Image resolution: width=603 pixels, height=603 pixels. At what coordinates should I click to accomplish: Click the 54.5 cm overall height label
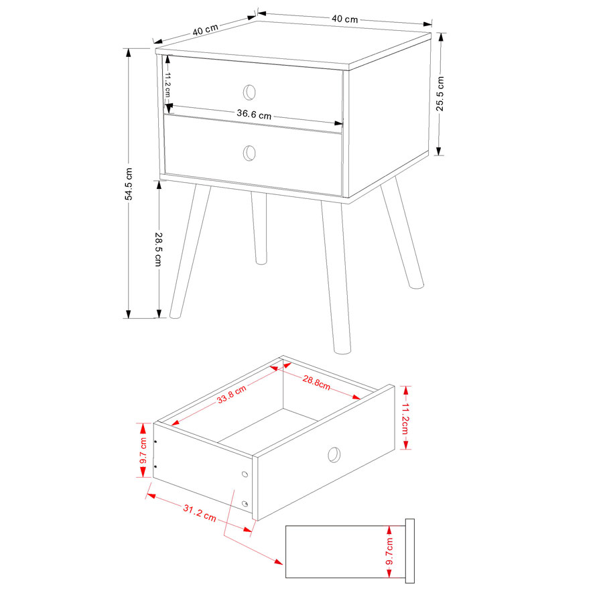click(129, 184)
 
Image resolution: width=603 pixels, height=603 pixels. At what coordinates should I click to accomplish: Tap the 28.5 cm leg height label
click(158, 249)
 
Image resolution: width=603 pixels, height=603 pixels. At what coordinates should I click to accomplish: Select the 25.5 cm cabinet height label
click(440, 94)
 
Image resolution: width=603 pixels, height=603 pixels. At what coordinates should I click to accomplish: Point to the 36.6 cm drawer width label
click(254, 114)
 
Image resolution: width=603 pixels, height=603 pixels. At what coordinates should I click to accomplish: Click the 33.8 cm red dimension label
click(231, 395)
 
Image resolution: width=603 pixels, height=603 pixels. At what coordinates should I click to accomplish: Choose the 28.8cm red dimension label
click(316, 383)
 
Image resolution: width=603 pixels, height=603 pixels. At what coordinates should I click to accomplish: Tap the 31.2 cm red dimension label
click(199, 513)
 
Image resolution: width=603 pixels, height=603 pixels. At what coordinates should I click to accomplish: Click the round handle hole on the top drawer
click(249, 92)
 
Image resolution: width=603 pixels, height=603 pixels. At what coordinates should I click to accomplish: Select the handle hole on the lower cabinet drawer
click(249, 153)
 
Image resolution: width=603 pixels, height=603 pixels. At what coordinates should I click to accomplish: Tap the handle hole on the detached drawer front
click(334, 454)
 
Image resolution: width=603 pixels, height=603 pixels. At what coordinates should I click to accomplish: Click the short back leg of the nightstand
click(259, 228)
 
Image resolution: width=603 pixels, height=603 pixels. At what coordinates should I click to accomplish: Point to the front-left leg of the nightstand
click(190, 251)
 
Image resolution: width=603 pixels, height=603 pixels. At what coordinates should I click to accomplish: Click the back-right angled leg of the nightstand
click(402, 232)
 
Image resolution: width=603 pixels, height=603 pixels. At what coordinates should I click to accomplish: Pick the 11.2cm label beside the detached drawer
click(405, 419)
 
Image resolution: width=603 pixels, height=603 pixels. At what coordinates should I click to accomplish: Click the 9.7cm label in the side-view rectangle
click(389, 551)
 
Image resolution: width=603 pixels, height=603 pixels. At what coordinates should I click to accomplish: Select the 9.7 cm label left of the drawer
click(143, 451)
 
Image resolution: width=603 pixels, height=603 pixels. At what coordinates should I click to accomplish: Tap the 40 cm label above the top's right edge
click(344, 19)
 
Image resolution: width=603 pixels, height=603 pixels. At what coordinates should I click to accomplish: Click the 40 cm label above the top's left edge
click(206, 29)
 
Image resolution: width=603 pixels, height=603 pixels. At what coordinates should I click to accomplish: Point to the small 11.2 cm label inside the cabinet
click(167, 84)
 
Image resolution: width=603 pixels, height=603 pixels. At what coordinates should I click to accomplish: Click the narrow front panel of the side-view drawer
click(409, 551)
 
